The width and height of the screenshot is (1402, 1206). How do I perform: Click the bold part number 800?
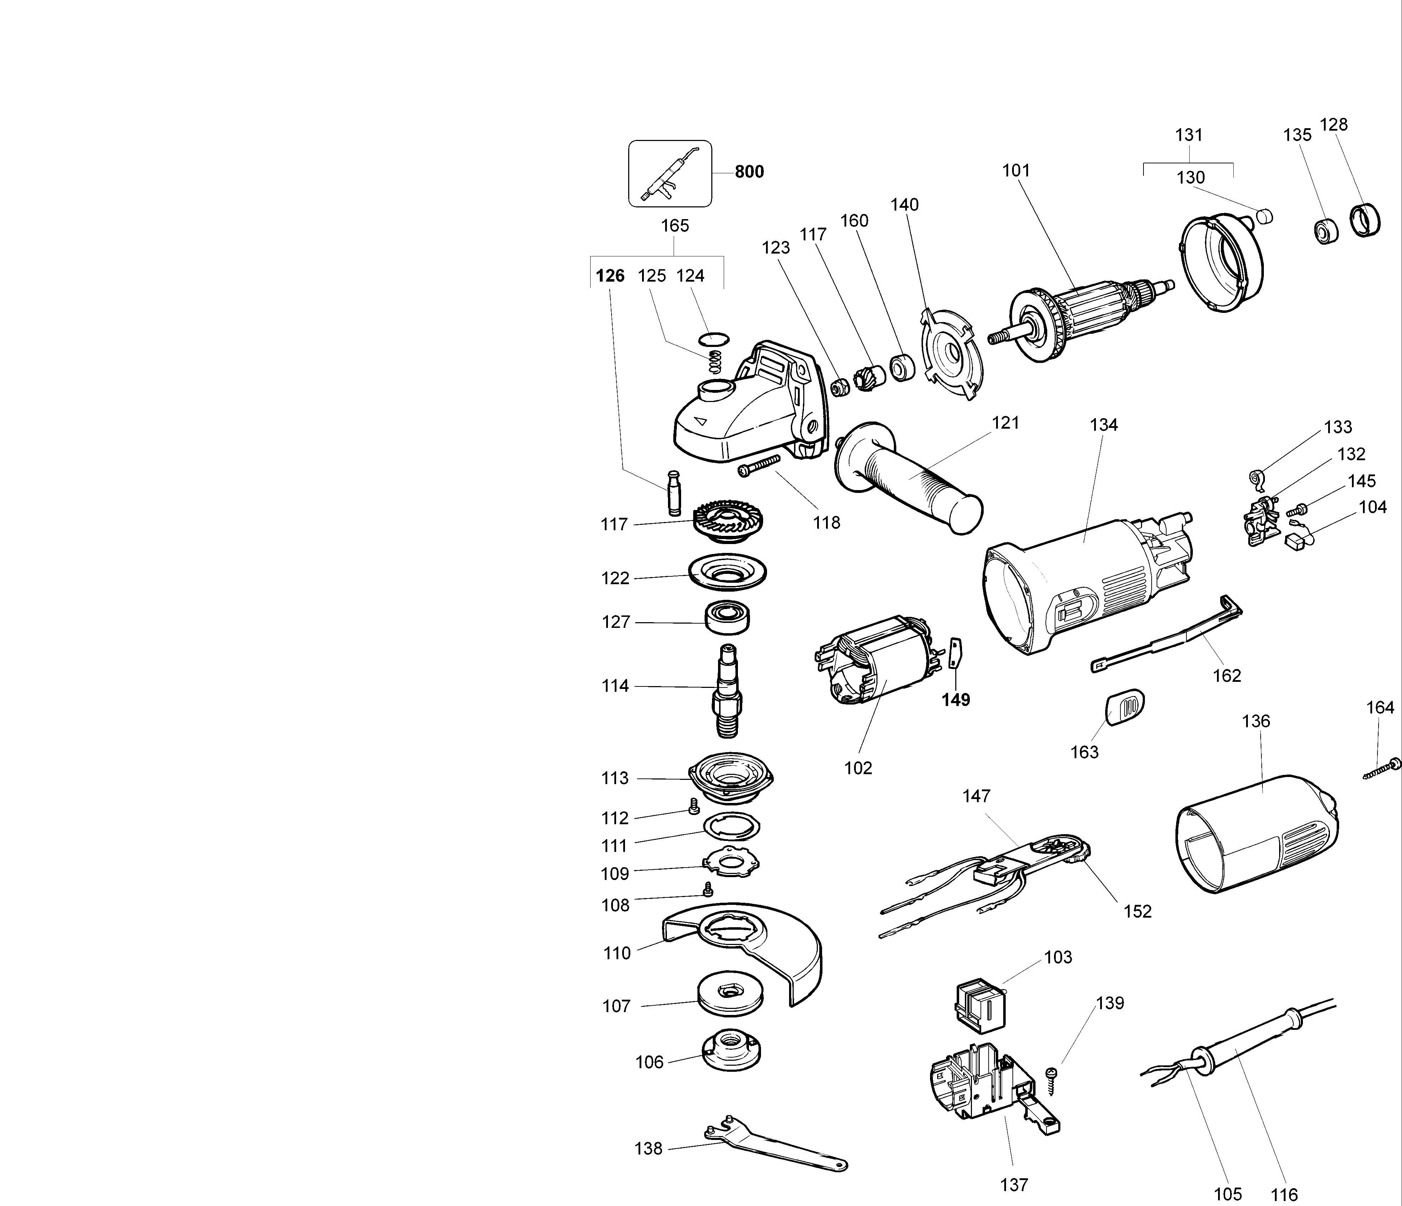tap(749, 172)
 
